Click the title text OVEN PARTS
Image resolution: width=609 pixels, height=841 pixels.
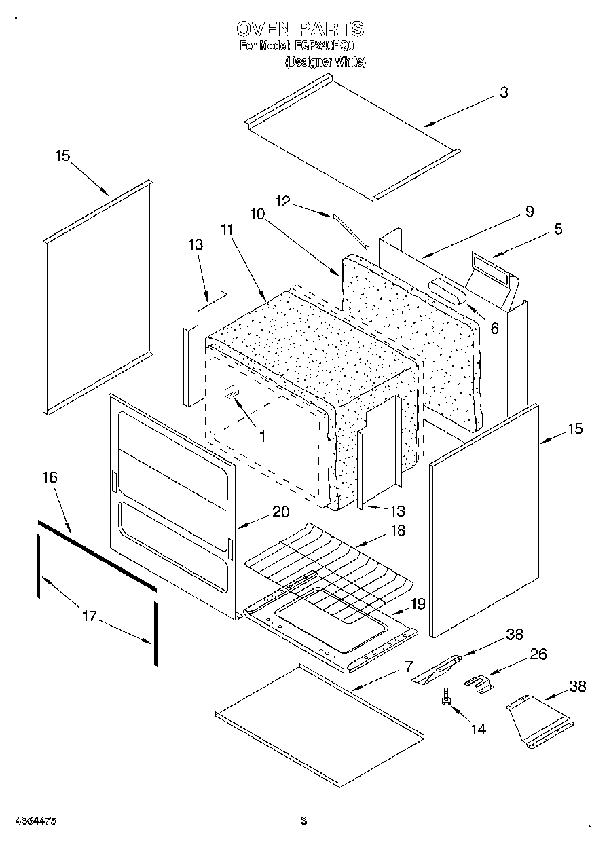[299, 29]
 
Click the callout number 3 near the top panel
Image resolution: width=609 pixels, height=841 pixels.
[503, 94]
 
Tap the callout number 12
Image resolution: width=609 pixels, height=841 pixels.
[283, 201]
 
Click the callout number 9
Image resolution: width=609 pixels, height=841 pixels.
[529, 211]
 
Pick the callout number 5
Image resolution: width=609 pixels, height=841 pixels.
[558, 229]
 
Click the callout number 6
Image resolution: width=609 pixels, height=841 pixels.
[494, 329]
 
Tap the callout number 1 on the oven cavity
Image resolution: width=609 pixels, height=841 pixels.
[262, 436]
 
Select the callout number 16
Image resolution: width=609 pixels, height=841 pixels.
[50, 478]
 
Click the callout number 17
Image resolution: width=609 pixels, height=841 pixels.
[90, 616]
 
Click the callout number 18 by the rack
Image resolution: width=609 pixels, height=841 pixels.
[398, 531]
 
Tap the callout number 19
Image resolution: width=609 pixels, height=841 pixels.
[418, 603]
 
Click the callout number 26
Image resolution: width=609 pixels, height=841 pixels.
[538, 654]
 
